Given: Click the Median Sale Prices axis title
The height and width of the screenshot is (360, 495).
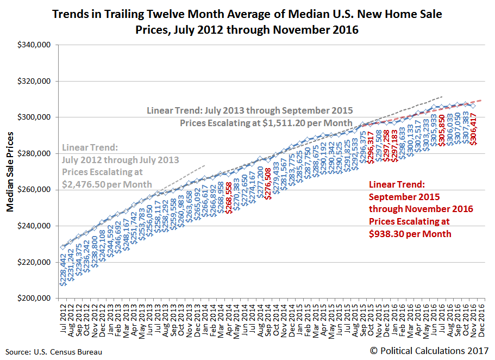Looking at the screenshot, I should click(x=10, y=172).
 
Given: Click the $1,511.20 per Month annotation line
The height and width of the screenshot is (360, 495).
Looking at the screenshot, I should click(x=266, y=123).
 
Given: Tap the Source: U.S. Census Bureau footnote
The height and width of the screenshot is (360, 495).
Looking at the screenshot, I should click(x=54, y=352).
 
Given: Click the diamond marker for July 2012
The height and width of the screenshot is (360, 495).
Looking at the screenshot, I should click(x=63, y=247).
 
